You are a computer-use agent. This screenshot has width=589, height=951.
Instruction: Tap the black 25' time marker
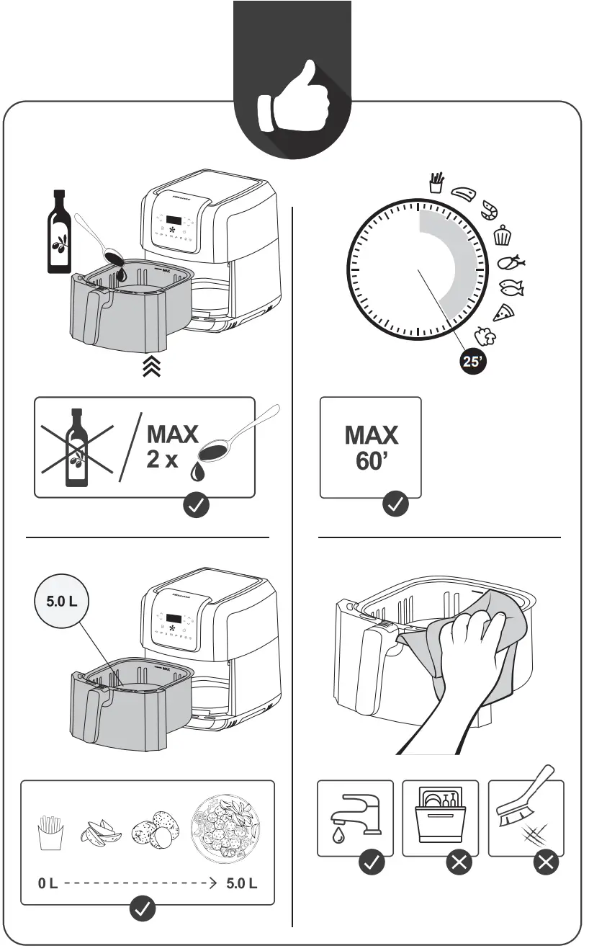point(473,362)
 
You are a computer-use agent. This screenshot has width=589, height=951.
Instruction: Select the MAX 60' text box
point(370,447)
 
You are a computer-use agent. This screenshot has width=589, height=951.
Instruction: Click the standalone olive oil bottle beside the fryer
point(58,232)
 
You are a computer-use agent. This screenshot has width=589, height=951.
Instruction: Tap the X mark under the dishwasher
point(459,863)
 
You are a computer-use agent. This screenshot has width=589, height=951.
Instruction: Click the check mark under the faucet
point(372,863)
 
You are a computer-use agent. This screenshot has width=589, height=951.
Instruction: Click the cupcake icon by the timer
point(502,235)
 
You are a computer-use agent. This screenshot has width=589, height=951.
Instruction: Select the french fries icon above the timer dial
point(435,183)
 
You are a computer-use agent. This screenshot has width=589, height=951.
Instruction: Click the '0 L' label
point(48,883)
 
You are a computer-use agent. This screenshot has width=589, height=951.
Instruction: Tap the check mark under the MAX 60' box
point(395,505)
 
